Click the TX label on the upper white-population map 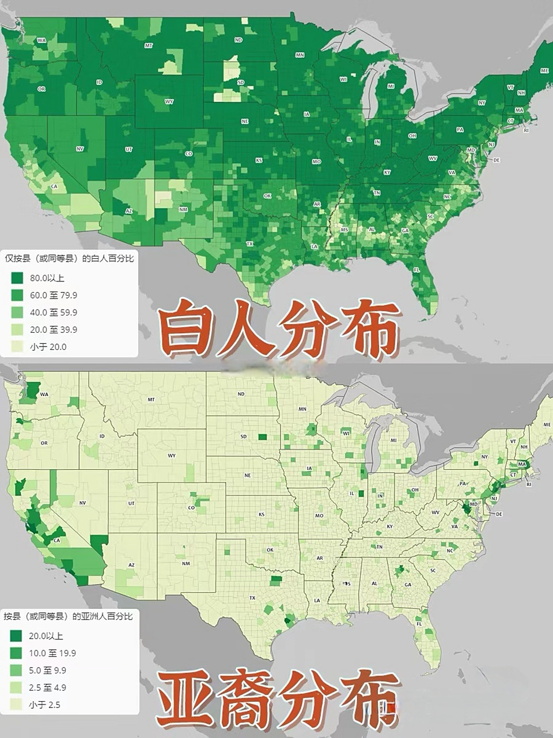click(250, 244)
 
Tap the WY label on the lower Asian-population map click(172, 455)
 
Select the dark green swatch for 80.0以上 click(17, 278)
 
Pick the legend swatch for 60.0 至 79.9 click(17, 295)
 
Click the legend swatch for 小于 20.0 click(17, 347)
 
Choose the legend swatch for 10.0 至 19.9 click(16, 653)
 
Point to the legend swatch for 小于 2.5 click(16, 705)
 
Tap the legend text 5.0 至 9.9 click(47, 671)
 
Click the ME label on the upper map click(544, 70)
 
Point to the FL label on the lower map click(419, 624)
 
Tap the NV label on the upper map click(79, 149)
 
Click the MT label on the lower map click(151, 399)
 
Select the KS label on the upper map click(259, 160)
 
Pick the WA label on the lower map click(44, 394)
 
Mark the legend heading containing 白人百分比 click(69, 258)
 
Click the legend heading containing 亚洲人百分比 click(68, 616)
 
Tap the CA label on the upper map click(55, 186)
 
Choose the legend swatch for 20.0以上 click(16, 636)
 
